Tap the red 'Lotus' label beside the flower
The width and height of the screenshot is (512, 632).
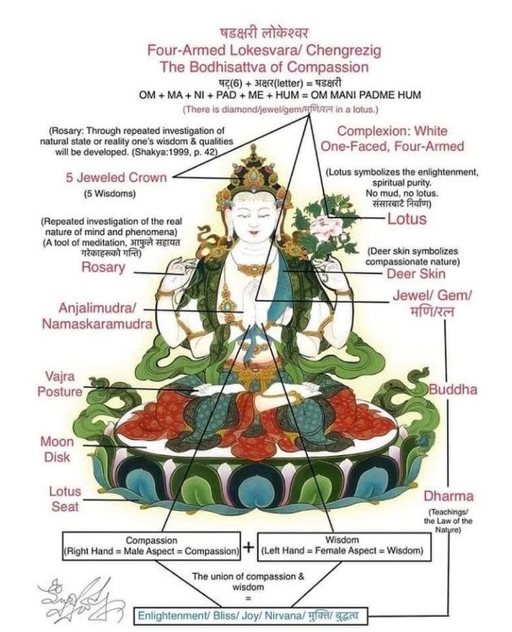tap(406, 219)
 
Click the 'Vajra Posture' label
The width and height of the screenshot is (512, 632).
tap(60, 384)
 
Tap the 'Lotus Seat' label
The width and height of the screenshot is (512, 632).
tap(64, 499)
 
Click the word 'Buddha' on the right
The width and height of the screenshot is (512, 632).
tap(453, 390)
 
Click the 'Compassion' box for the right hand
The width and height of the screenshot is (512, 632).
tap(150, 546)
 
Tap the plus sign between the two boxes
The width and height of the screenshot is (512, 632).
tap(249, 547)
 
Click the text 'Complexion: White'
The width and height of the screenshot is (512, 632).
tap(392, 131)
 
